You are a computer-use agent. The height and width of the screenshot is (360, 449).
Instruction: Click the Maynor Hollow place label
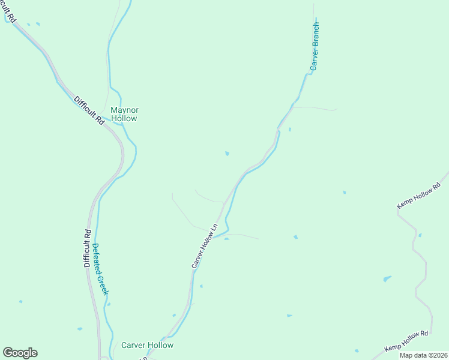[124, 114]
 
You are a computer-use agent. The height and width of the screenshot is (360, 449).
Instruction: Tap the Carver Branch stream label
[315, 47]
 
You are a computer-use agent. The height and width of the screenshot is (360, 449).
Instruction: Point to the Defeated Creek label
[100, 268]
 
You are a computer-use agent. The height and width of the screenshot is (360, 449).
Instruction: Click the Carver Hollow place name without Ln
[147, 345]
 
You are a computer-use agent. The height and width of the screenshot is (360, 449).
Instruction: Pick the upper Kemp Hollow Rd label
[418, 196]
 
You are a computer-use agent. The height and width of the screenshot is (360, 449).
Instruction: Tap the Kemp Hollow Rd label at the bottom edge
[406, 340]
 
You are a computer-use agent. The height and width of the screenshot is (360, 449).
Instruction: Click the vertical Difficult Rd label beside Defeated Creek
[87, 248]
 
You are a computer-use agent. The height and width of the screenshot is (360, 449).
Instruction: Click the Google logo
[20, 353]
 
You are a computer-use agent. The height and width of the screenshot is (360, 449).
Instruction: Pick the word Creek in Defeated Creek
[103, 284]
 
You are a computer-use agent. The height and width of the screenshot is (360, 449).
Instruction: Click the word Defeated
[97, 258]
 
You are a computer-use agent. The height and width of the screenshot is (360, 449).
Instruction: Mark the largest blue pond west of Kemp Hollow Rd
[387, 279]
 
